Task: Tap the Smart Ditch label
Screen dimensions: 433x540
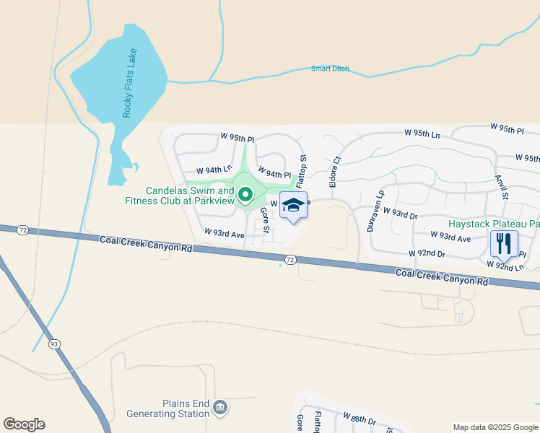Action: point(330,69)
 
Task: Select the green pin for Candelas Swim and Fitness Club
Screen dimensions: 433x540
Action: point(245,193)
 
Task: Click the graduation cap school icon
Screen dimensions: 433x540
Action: point(293,205)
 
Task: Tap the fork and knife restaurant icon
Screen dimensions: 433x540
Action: point(504,243)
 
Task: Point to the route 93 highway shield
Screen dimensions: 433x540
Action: point(54,344)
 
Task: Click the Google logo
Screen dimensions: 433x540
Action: point(24,424)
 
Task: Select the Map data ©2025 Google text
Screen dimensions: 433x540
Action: point(495,427)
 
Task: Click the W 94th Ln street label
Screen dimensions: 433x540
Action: point(202,170)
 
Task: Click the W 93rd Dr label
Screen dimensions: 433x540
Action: point(401,214)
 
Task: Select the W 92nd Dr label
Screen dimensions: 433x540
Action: point(427,253)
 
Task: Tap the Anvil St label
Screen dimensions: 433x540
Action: point(502,185)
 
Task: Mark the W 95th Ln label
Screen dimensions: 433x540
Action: point(422,133)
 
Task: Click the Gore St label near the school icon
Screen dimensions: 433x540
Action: point(264,220)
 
